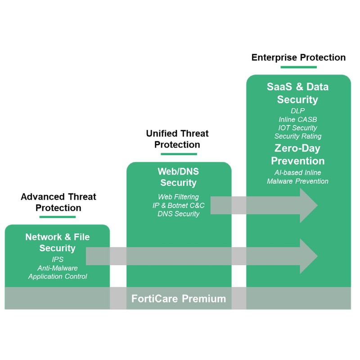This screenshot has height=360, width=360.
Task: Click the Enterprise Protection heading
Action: [x=298, y=58]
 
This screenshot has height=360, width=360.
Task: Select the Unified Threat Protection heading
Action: [x=177, y=139]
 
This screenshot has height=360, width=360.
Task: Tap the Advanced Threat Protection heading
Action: [x=58, y=202]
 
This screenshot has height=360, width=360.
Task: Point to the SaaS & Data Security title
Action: [x=298, y=93]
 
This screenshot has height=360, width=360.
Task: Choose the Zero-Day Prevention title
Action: [x=298, y=154]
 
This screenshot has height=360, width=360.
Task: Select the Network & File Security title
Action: [x=57, y=243]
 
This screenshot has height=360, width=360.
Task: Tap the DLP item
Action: [x=298, y=110]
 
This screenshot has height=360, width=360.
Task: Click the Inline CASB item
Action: [x=298, y=119]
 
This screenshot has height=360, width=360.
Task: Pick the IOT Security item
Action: [x=298, y=127]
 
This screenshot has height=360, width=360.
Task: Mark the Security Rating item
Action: [x=298, y=136]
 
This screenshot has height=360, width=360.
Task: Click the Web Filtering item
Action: [x=178, y=197]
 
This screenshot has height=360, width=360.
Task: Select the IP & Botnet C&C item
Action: [x=178, y=206]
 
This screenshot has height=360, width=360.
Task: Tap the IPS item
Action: [x=58, y=260]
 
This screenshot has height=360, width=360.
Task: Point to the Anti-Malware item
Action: [x=58, y=268]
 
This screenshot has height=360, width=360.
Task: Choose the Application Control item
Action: [x=58, y=276]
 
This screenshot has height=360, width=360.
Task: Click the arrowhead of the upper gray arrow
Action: [x=308, y=205]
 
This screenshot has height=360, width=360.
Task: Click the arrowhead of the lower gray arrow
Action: [x=308, y=256]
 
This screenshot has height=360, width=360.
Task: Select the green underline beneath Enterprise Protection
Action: [x=298, y=67]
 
